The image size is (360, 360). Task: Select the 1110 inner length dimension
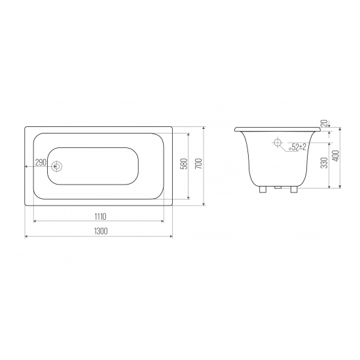(99, 216)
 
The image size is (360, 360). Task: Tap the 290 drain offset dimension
(39, 162)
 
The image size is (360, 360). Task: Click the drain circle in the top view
(57, 166)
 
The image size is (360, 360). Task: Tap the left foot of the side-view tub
(263, 190)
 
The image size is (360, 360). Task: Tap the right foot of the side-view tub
(295, 190)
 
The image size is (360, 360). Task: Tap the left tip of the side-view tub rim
(236, 129)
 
